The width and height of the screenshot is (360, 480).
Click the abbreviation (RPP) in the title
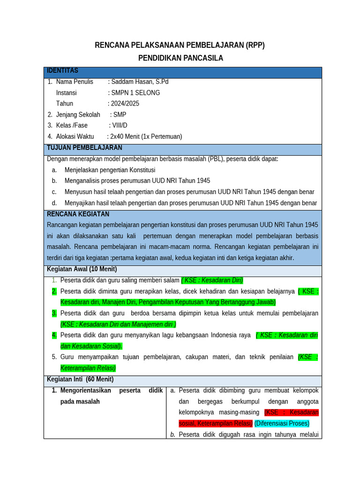(x=255, y=45)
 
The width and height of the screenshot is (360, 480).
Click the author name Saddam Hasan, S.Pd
(x=139, y=82)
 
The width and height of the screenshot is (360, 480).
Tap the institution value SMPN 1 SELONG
(x=135, y=93)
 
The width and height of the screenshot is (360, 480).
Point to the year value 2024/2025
(x=125, y=104)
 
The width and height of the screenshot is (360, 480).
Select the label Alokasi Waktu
(x=75, y=136)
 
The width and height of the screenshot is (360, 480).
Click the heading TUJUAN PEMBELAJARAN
(x=84, y=148)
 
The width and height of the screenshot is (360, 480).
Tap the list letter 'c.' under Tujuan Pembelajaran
(x=54, y=192)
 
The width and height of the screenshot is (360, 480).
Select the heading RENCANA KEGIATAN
(x=78, y=214)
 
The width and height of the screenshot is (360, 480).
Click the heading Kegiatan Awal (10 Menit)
(x=82, y=269)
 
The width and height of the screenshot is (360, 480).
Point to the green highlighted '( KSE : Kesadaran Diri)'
(x=212, y=280)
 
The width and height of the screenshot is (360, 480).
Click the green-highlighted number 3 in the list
(x=54, y=313)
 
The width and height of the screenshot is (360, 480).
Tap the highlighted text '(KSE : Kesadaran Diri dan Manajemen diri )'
(x=118, y=324)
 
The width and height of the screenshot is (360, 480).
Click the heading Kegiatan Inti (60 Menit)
(x=80, y=379)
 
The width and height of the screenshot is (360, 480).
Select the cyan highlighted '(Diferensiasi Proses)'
(x=282, y=423)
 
